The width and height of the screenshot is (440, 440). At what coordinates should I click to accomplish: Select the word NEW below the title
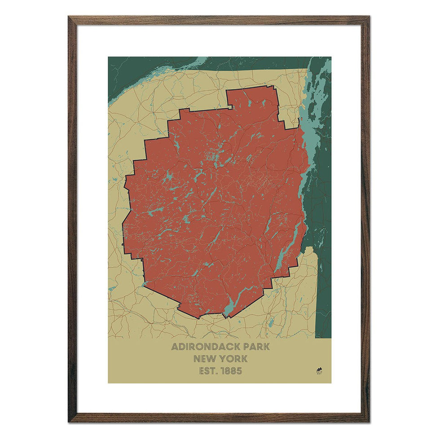pyautogui.click(x=204, y=359)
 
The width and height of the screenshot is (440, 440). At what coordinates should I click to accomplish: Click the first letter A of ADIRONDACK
pyautogui.click(x=175, y=347)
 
